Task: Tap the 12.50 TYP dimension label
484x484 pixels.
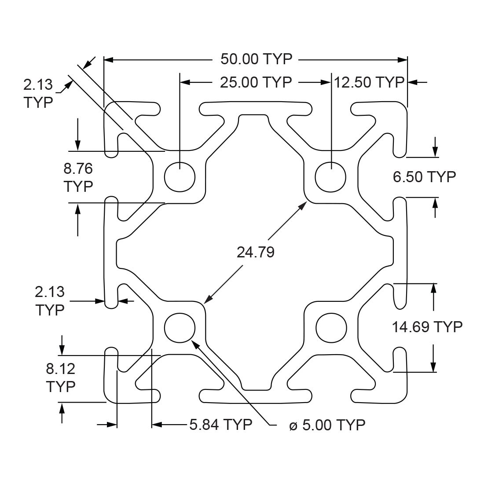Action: [369, 82]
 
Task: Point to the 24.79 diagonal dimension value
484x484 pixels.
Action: [255, 252]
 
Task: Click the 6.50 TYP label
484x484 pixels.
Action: [424, 177]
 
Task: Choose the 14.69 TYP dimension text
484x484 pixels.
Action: [427, 326]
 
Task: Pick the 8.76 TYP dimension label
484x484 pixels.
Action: [78, 177]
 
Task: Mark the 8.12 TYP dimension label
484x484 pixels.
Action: [61, 378]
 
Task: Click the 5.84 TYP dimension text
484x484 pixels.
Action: [220, 425]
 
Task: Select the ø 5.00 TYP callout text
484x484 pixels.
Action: [327, 425]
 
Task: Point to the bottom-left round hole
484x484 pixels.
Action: [180, 328]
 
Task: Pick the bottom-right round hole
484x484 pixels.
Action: [331, 328]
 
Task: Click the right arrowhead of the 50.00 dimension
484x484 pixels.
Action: [403, 59]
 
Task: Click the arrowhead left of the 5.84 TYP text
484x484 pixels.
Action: [157, 425]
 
